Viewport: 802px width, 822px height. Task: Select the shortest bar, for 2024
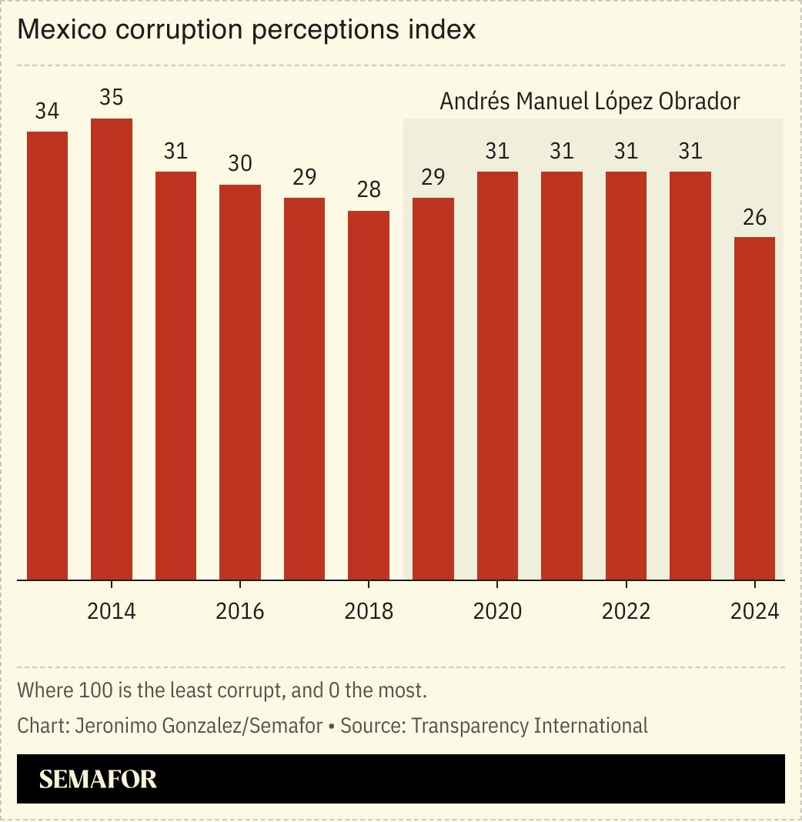pyautogui.click(x=754, y=408)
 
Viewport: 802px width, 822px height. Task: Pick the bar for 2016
pyautogui.click(x=240, y=382)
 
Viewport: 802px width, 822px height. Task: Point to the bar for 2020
pyautogui.click(x=497, y=375)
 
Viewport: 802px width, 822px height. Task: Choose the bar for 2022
pyautogui.click(x=626, y=375)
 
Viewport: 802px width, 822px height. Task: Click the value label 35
pyautogui.click(x=112, y=99)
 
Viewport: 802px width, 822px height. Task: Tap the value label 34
pyautogui.click(x=47, y=112)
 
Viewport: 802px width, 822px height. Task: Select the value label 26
pyautogui.click(x=754, y=217)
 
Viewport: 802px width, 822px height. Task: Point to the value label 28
pyautogui.click(x=369, y=191)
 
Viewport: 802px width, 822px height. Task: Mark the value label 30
pyautogui.click(x=240, y=164)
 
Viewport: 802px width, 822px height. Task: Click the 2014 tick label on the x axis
pyautogui.click(x=112, y=612)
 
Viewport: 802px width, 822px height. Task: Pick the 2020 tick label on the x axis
pyautogui.click(x=497, y=612)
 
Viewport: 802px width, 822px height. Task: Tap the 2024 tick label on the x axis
pyautogui.click(x=754, y=612)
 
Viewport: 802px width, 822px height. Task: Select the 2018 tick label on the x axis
pyautogui.click(x=369, y=612)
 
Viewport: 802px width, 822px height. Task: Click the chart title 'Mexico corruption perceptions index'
pyautogui.click(x=246, y=30)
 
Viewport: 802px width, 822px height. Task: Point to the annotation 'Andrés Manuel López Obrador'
pyautogui.click(x=590, y=102)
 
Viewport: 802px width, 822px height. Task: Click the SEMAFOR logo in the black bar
pyautogui.click(x=98, y=779)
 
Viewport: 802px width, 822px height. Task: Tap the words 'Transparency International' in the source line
pyautogui.click(x=530, y=725)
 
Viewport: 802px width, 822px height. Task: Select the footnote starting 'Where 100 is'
pyautogui.click(x=222, y=690)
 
